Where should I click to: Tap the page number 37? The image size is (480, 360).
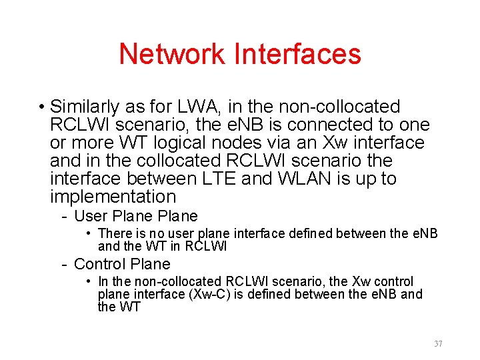tap(438, 344)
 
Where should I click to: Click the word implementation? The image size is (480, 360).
tap(113, 197)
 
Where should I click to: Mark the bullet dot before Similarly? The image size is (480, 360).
tap(41, 107)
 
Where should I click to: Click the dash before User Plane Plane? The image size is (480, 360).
tap(64, 217)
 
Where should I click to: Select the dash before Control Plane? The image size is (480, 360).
tap(64, 265)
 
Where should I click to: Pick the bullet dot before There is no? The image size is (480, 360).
tap(89, 233)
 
